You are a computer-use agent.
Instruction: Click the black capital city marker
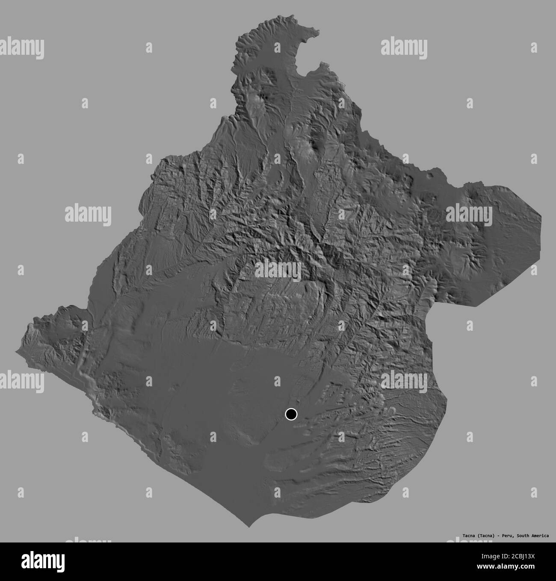(291, 414)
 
